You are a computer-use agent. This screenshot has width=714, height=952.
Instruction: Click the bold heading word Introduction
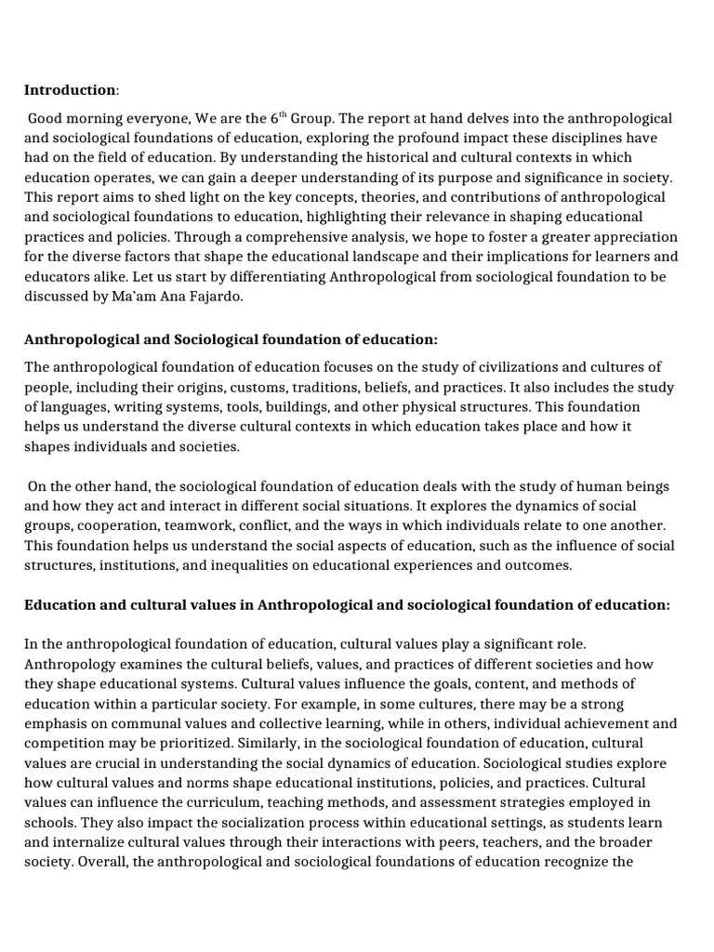70,90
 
